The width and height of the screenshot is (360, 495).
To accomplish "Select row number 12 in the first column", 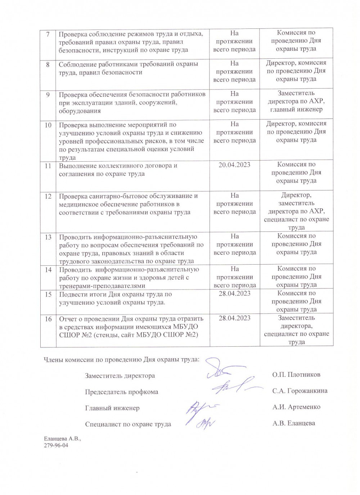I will [48, 197].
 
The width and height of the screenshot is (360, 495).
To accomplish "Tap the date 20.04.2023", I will [234, 165].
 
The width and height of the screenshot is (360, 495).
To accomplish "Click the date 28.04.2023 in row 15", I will [234, 293].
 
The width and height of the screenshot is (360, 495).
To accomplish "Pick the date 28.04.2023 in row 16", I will [234, 318].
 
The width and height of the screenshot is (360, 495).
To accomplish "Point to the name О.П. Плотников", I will [296, 375].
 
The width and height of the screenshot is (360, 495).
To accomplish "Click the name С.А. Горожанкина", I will [300, 391].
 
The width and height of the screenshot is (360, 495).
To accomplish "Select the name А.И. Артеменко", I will [296, 407].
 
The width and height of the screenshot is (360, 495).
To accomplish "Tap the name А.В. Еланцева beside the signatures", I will [293, 423].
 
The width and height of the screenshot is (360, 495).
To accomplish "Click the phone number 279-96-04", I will [56, 446].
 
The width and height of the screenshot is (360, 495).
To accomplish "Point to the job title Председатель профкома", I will [121, 392].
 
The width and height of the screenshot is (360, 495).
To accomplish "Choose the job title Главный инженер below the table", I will [112, 408].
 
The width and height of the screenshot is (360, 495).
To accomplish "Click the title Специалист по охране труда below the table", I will [128, 424].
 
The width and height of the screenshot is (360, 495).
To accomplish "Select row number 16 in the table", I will [48, 319].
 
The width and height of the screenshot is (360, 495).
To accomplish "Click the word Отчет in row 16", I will [68, 319].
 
